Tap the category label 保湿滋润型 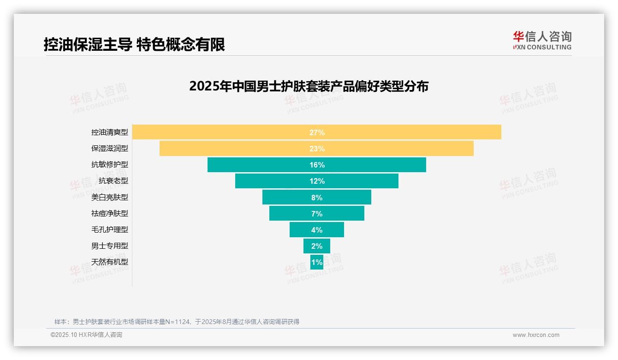point(110,149)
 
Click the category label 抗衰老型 point(113,181)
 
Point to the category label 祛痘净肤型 point(110,213)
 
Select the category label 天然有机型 point(110,262)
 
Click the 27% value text point(317,132)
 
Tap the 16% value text point(317,165)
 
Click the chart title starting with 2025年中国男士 point(309,86)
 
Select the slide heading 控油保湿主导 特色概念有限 point(134,45)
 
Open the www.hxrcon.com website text point(536,335)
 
